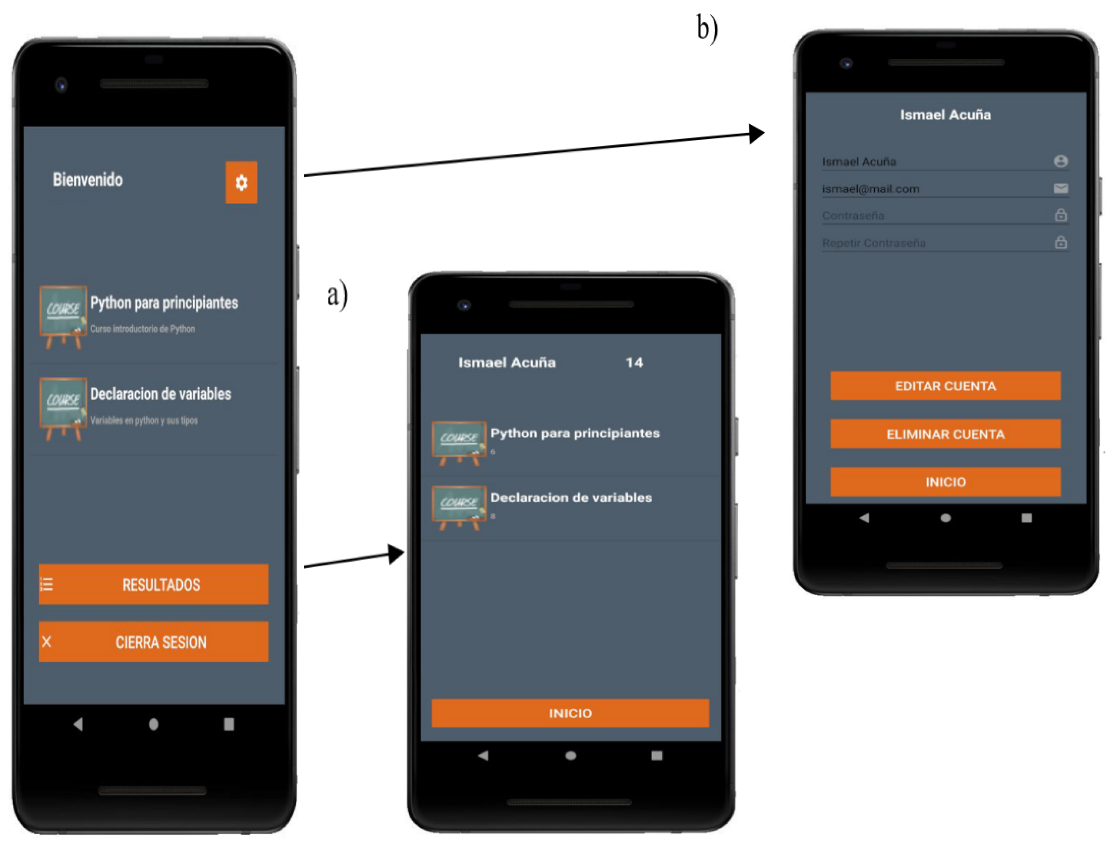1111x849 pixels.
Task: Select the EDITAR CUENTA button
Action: pyautogui.click(x=945, y=386)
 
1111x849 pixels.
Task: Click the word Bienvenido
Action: pyautogui.click(x=88, y=179)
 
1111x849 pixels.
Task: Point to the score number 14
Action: pyautogui.click(x=634, y=362)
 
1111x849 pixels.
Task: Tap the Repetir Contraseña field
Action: pyautogui.click(x=873, y=243)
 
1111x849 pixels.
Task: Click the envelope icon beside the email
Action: pyautogui.click(x=1060, y=189)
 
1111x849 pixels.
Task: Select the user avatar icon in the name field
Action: pyautogui.click(x=1060, y=161)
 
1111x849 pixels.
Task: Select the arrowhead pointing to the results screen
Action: pyautogui.click(x=396, y=554)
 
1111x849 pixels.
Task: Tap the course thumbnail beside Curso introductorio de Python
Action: pyautogui.click(x=63, y=317)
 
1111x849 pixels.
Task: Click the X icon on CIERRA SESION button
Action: pyautogui.click(x=47, y=642)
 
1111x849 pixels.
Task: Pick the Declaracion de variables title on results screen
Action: pyautogui.click(x=571, y=497)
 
